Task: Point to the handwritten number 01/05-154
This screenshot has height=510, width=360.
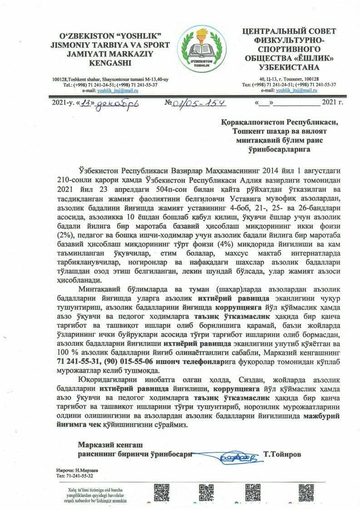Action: point(200,103)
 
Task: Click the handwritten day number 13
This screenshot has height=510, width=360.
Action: point(87,104)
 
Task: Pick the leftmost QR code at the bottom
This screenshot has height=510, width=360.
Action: point(162,493)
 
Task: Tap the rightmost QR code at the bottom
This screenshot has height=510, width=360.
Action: point(306,493)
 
